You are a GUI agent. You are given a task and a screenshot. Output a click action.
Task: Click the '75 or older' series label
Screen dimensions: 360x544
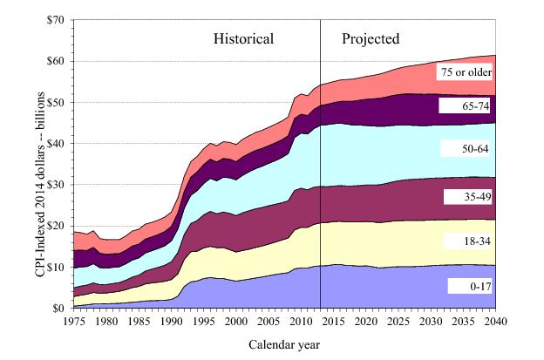[x=466, y=71]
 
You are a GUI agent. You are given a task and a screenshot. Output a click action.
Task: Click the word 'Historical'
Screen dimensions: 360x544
[x=244, y=39]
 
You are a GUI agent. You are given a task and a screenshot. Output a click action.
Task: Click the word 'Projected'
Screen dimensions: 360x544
[x=371, y=39]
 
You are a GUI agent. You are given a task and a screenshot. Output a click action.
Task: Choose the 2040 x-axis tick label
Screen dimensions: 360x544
[x=495, y=321]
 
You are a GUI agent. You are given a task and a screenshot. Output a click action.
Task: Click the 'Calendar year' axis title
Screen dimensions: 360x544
[x=284, y=343]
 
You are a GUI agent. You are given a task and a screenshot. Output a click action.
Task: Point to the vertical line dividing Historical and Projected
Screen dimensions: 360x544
[x=321, y=174]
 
